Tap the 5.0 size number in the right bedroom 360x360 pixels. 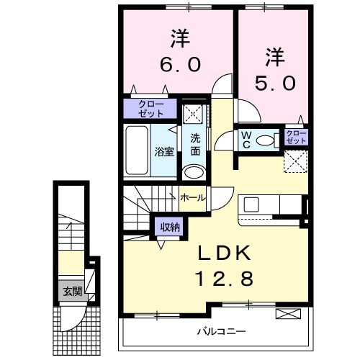click(273, 83)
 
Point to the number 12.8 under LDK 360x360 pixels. click(223, 279)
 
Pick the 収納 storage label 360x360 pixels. click(170, 227)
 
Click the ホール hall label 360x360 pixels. click(192, 197)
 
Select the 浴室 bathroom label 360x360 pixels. click(164, 151)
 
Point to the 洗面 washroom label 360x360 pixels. click(195, 146)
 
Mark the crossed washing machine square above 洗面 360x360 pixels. click(193, 114)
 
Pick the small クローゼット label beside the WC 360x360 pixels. click(296, 137)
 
